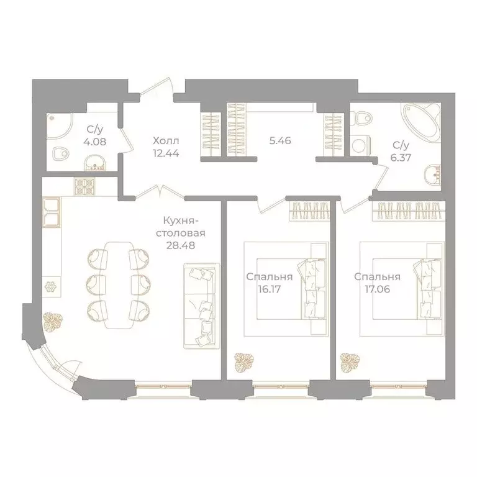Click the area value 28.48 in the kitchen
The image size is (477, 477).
point(181,245)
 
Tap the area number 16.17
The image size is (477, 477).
point(269,289)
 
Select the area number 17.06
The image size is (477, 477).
point(377,289)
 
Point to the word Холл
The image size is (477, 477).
point(166,141)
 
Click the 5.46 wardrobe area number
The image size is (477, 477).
point(280,140)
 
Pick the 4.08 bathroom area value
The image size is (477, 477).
point(95,142)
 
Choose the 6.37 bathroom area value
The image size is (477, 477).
point(402,158)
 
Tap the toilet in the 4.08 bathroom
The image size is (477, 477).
point(61,154)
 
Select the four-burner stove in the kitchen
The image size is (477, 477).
point(84,186)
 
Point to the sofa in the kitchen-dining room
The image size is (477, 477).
point(202,306)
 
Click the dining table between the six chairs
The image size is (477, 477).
point(119,285)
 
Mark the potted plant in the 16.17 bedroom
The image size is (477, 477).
point(243,362)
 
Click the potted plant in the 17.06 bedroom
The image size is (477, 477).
point(350,362)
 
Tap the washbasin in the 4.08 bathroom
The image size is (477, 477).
point(95,163)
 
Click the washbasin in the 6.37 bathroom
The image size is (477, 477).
point(432,176)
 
